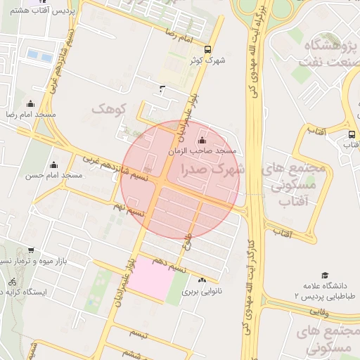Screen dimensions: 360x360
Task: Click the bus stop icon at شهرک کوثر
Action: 207,49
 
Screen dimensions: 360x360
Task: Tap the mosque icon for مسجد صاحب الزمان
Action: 202,141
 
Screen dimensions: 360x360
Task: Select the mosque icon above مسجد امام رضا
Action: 30,104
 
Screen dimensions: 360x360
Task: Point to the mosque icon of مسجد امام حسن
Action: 53,165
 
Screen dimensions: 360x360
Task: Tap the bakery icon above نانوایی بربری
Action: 202,280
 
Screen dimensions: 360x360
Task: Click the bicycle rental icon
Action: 11,281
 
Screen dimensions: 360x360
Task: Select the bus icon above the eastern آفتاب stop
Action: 352,134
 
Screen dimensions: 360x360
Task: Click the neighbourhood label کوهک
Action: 107,109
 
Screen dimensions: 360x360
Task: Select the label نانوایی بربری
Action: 201,290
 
